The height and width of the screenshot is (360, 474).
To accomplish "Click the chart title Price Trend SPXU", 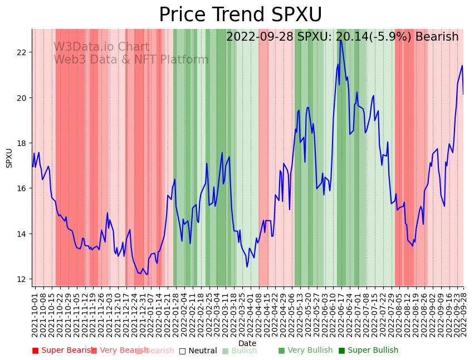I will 240,15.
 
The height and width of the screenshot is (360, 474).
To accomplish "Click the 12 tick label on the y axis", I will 23,279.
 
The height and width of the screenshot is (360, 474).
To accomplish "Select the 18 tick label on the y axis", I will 23,143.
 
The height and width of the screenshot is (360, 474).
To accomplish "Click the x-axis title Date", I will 247,344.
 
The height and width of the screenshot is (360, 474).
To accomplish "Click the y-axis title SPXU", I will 9,158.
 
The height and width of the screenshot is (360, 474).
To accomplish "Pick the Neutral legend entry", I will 198,351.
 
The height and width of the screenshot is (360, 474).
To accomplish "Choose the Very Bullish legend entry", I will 305,351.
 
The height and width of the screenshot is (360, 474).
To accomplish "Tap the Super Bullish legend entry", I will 368,351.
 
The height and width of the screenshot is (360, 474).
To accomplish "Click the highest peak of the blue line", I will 341,40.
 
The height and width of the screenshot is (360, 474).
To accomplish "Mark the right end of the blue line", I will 463,94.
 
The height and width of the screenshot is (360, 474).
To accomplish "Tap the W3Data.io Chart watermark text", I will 101,47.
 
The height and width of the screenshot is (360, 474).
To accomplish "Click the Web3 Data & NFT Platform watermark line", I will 131,60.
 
